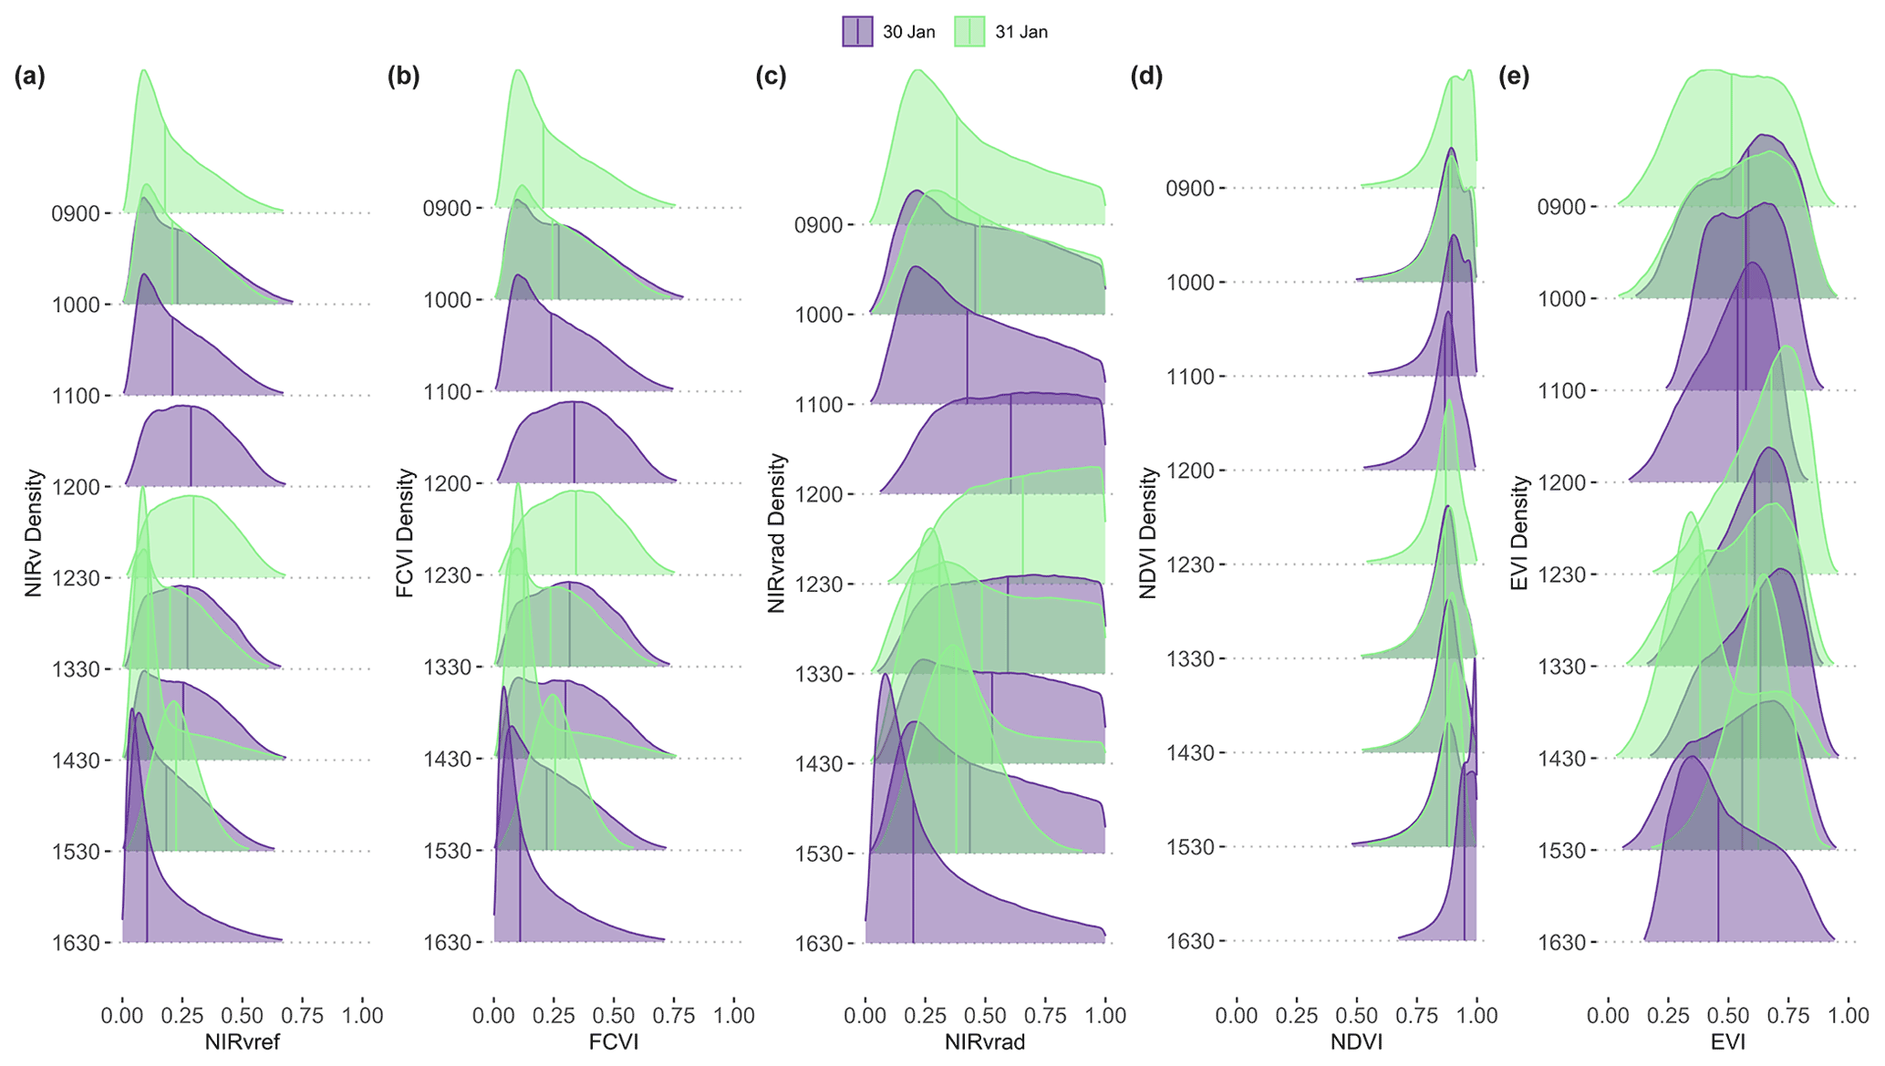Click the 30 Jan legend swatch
click(857, 32)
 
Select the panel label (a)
click(29, 77)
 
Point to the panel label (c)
click(771, 77)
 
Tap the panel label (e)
click(1514, 77)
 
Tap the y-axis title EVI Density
click(1519, 534)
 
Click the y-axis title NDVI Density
click(1148, 533)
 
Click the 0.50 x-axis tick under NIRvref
click(243, 1016)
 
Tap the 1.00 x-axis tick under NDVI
click(1476, 1016)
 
